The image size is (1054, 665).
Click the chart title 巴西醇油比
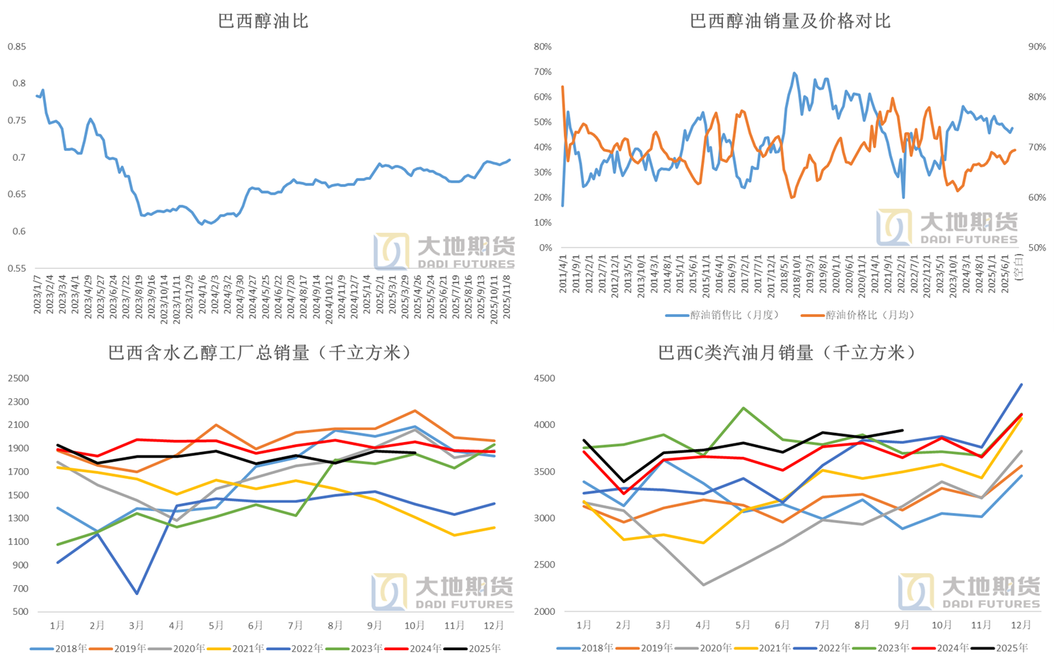click(x=263, y=21)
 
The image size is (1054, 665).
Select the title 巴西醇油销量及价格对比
click(x=789, y=21)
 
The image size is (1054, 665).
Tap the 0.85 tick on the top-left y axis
click(x=17, y=47)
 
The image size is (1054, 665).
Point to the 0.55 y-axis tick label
click(x=17, y=268)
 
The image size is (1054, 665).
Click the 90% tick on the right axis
click(x=1036, y=47)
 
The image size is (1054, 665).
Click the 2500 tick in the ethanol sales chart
click(x=18, y=378)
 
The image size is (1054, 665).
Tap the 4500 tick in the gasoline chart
click(x=545, y=378)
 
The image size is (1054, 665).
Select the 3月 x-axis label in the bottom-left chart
click(x=137, y=625)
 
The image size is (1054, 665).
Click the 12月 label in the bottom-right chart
click(x=1021, y=625)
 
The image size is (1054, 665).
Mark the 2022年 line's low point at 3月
click(x=137, y=594)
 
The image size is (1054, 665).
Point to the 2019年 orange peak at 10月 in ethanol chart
click(x=415, y=411)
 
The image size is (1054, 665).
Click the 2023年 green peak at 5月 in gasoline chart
click(x=743, y=408)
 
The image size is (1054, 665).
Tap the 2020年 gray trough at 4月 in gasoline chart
click(x=703, y=585)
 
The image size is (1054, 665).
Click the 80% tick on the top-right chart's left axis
click(x=543, y=47)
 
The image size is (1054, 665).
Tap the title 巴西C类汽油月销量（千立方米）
click(x=787, y=352)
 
